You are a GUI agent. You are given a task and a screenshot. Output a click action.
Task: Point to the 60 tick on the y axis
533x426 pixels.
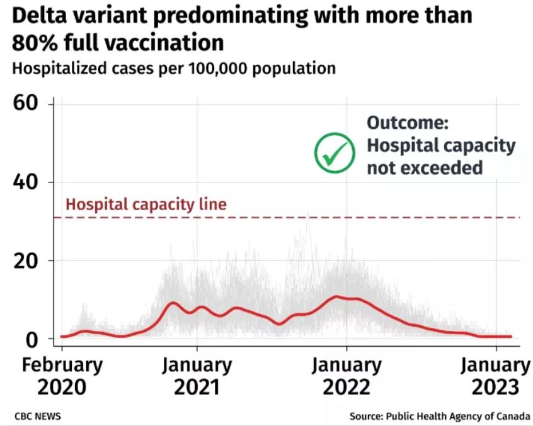(28, 104)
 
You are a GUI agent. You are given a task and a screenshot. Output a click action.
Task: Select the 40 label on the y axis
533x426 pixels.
(28, 182)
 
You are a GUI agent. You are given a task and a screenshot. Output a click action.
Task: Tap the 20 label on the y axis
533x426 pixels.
(28, 261)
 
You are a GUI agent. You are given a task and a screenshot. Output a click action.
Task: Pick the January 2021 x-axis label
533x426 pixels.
(197, 376)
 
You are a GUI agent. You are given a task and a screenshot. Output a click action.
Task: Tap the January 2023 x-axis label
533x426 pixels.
(495, 376)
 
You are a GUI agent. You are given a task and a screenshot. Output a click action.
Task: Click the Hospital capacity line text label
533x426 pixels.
(146, 204)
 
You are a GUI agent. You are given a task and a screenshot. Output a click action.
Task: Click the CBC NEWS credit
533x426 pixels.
(37, 417)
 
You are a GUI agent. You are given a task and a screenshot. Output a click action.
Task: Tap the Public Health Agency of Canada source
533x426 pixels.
(458, 417)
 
